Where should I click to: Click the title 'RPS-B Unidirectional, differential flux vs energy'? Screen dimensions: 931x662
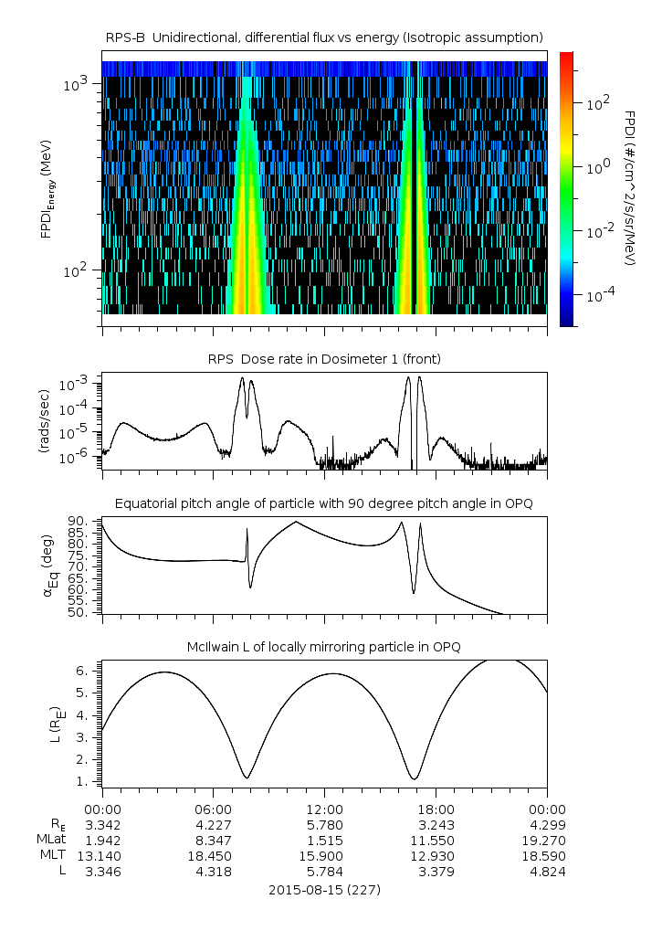pos(324,37)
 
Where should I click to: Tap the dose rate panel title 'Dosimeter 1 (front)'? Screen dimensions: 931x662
pos(324,359)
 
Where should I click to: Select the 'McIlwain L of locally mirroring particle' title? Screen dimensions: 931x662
pos(324,647)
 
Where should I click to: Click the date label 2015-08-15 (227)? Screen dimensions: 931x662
pos(324,889)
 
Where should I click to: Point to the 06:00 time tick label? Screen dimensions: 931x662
pos(213,809)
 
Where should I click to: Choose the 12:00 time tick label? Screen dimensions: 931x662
pos(324,809)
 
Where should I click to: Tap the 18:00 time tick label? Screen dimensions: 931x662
pos(436,809)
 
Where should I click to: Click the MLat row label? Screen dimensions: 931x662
pos(48,840)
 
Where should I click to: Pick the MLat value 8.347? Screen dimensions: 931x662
pos(213,840)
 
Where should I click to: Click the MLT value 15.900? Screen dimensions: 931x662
pos(324,855)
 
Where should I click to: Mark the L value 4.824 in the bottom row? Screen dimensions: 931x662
pos(547,872)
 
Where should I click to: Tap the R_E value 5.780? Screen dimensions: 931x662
pos(324,824)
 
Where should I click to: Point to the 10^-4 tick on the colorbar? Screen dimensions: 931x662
pos(599,297)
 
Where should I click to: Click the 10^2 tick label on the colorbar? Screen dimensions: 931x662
pos(597,104)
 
